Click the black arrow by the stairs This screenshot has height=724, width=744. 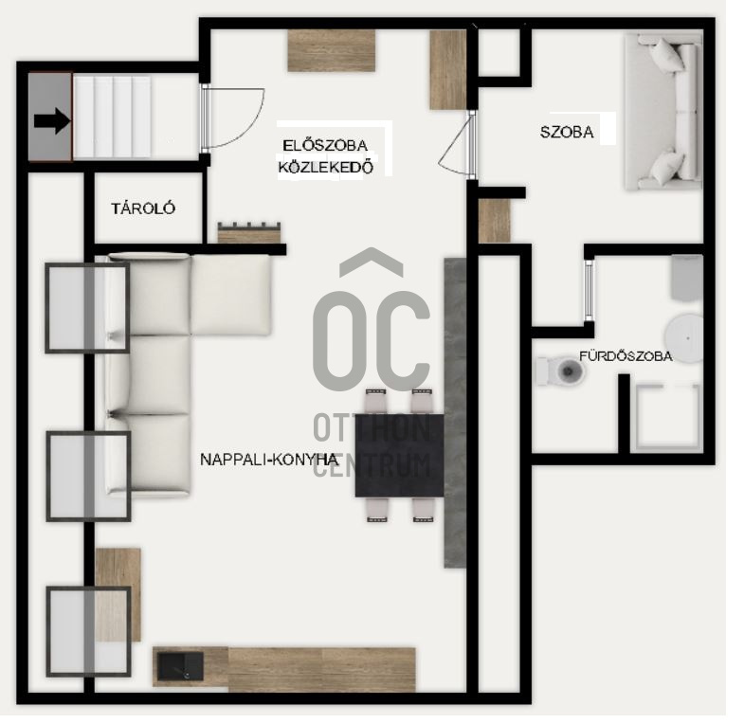pyautogui.click(x=52, y=121)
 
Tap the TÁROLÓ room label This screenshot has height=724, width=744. pyautogui.click(x=143, y=208)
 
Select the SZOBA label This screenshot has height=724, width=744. pyautogui.click(x=567, y=132)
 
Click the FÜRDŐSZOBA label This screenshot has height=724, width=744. pyautogui.click(x=626, y=356)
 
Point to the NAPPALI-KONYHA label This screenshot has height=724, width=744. pyautogui.click(x=269, y=460)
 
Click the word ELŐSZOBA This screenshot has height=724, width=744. pyautogui.click(x=325, y=145)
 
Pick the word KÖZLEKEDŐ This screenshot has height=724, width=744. pyautogui.click(x=325, y=167)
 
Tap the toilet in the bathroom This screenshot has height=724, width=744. pyautogui.click(x=561, y=371)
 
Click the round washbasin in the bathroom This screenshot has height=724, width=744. pyautogui.click(x=683, y=338)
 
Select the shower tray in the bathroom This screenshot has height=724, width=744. pyautogui.click(x=667, y=418)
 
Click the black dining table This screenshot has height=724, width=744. pyautogui.click(x=400, y=456)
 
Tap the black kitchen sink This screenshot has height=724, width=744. pyautogui.click(x=180, y=665)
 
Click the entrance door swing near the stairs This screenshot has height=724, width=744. pyautogui.click(x=232, y=118)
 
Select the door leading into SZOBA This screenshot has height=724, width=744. pyautogui.click(x=457, y=145)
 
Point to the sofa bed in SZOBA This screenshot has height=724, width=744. pyautogui.click(x=663, y=111)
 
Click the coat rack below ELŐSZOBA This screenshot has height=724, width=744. pyautogui.click(x=249, y=233)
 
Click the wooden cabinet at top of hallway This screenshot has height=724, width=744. pyautogui.click(x=331, y=50)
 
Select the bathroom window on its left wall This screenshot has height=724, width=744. pyautogui.click(x=590, y=290)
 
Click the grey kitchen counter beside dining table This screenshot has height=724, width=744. pyautogui.click(x=455, y=413)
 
